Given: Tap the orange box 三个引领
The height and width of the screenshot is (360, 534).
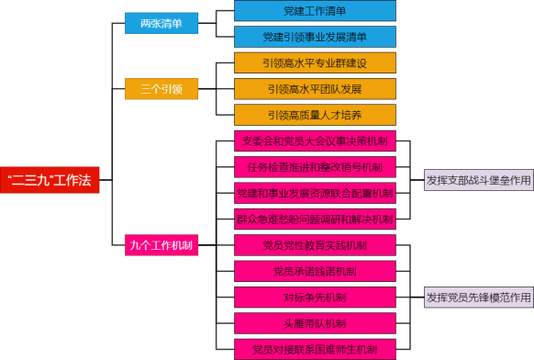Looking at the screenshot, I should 161,89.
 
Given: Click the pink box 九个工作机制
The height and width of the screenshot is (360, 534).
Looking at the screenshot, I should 161,245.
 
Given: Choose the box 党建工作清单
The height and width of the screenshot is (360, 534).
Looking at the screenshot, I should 315,11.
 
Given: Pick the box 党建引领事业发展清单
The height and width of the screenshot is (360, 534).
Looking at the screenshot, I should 315,37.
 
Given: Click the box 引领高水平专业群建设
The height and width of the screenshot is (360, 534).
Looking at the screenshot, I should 315,63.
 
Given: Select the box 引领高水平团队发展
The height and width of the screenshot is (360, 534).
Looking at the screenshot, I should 315,89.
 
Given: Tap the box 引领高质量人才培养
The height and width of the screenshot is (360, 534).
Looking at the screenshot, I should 315,115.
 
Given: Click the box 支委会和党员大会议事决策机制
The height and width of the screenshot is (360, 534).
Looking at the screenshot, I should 315,141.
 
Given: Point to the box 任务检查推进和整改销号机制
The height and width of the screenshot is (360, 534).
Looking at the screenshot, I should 315,167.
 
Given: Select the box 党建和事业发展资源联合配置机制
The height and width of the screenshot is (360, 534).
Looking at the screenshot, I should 315,193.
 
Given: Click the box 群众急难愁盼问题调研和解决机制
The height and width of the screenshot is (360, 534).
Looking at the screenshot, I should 315,219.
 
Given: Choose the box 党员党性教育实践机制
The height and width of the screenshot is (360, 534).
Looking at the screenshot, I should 315,245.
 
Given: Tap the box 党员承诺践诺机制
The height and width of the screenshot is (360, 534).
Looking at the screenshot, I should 315,271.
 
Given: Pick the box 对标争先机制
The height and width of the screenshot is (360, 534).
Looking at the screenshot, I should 315,297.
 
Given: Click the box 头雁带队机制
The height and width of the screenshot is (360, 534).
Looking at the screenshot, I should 315,323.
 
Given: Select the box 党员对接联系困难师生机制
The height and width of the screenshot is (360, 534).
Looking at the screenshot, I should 315,349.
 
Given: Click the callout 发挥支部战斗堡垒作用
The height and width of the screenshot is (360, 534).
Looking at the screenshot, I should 478,180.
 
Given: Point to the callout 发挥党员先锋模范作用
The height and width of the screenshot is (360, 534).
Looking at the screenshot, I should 478,297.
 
